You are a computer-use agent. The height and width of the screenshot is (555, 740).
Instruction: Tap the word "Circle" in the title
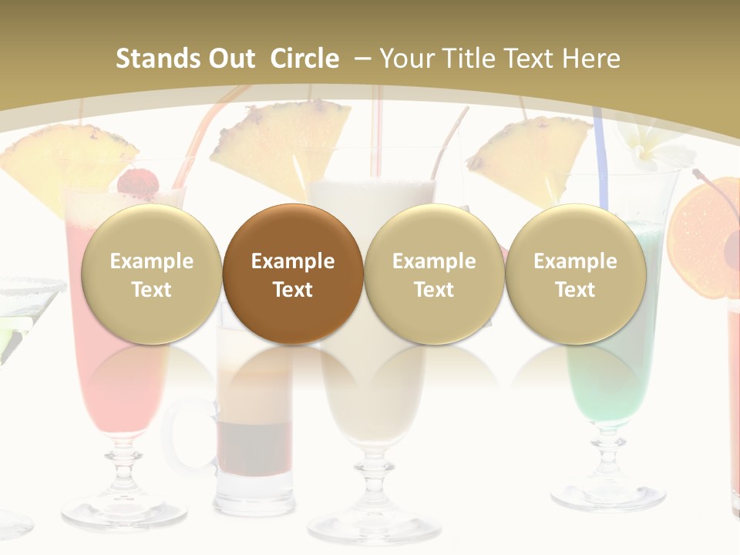tap(304, 59)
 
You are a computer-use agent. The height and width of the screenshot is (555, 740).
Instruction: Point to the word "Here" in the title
tap(591, 59)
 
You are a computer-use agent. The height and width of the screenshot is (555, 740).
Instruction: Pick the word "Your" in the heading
tap(407, 59)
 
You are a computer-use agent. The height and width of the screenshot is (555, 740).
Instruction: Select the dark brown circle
tap(293, 274)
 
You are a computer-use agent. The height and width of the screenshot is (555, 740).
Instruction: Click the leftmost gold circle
tap(151, 274)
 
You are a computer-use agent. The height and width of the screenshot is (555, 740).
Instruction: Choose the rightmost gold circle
tap(575, 274)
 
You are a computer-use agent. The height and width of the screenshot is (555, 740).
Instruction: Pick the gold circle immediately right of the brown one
tap(434, 274)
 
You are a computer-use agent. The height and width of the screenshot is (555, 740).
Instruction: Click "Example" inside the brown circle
tap(293, 261)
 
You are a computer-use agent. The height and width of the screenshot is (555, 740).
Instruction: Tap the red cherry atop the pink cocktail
tap(138, 183)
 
